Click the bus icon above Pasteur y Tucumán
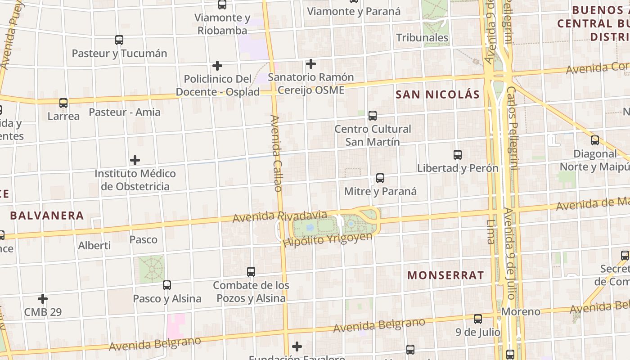click(119, 40)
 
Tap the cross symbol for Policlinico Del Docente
click(217, 66)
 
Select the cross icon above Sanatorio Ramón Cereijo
click(310, 64)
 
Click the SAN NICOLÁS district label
click(437, 94)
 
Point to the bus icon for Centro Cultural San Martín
click(373, 116)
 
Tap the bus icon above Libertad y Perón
click(458, 155)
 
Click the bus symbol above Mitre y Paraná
click(380, 178)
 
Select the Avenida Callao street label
click(276, 153)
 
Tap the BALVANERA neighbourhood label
click(47, 216)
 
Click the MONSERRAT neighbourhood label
click(445, 275)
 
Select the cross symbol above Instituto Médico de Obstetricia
click(135, 160)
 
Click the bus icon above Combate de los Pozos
click(251, 272)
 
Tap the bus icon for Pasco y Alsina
click(167, 285)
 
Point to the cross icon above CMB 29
click(43, 299)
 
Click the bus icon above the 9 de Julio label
click(478, 319)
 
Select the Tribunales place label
click(422, 38)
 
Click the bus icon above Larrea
click(63, 103)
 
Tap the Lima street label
click(490, 231)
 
